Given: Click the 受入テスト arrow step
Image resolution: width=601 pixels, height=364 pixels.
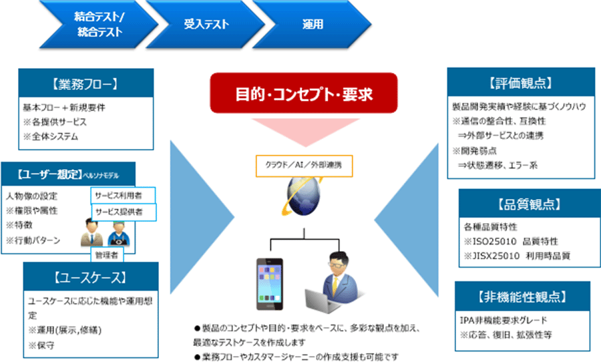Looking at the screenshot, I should tap(206, 25).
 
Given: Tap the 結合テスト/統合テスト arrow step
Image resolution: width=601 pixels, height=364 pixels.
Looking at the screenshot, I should tap(99, 25).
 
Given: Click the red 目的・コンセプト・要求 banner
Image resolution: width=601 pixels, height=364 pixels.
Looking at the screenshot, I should tap(304, 94).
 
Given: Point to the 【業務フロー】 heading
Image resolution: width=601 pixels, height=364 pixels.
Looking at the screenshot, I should tap(85, 84).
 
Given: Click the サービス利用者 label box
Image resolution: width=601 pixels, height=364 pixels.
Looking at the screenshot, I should tap(123, 195).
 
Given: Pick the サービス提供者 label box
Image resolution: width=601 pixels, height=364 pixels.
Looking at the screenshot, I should tap(123, 212).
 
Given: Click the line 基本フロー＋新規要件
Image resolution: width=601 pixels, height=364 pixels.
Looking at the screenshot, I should tap(63, 108).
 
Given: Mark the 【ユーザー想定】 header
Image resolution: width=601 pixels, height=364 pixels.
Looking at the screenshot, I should tap(47, 176).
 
